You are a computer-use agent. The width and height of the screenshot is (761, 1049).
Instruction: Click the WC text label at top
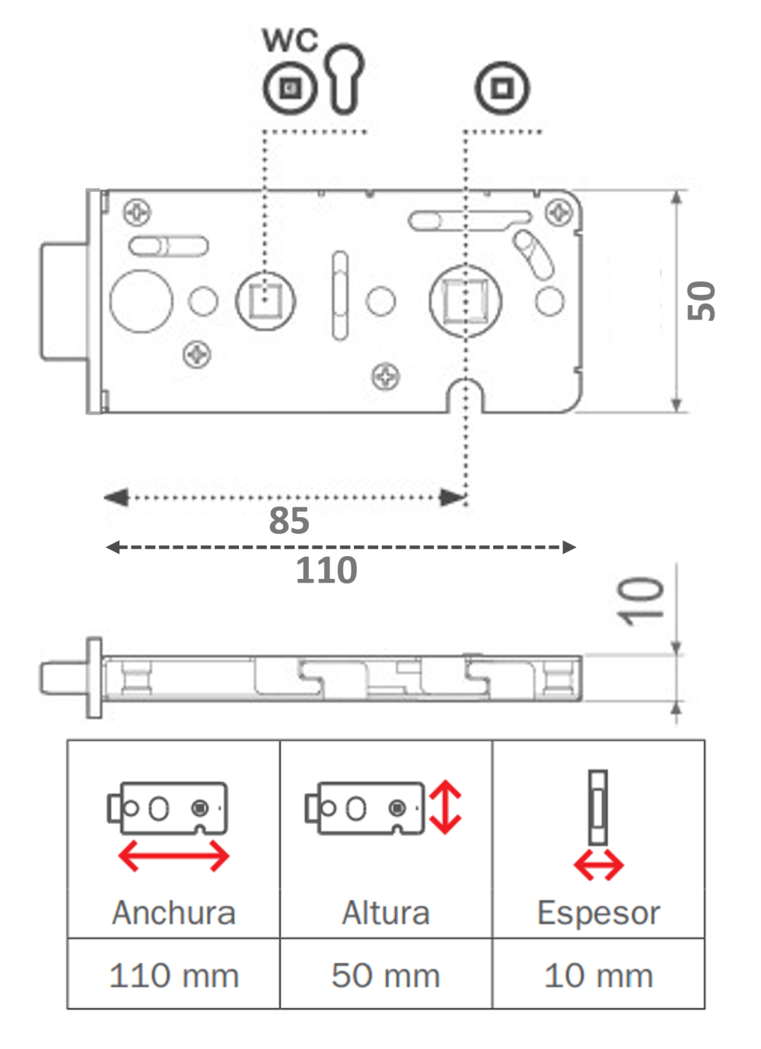click(x=290, y=40)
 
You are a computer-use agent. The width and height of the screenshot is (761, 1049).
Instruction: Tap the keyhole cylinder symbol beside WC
click(x=346, y=78)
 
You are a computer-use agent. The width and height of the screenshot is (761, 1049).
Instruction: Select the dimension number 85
click(x=289, y=522)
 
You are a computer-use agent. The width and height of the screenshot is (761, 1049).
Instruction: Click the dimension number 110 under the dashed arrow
click(x=326, y=571)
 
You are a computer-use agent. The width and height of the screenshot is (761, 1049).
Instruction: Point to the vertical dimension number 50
click(x=702, y=301)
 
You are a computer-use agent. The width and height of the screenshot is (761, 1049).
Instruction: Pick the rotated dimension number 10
click(x=641, y=601)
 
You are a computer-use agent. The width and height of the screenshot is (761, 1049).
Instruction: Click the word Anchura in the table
click(x=174, y=913)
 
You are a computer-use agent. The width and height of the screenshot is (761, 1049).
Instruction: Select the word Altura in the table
click(x=386, y=913)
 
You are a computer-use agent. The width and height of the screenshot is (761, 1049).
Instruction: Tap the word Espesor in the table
click(x=598, y=913)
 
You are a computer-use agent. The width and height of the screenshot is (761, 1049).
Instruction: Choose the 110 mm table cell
click(x=174, y=975)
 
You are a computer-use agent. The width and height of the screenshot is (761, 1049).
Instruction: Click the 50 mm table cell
click(x=386, y=975)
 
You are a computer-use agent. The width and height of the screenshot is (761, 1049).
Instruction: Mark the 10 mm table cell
click(x=598, y=975)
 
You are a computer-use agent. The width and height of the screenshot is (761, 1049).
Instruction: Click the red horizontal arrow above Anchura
click(x=174, y=857)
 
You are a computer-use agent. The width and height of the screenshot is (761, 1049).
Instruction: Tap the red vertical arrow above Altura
click(x=445, y=807)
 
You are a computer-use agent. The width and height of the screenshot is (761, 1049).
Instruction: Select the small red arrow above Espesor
click(x=598, y=865)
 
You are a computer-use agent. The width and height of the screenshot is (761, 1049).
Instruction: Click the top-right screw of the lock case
click(x=559, y=212)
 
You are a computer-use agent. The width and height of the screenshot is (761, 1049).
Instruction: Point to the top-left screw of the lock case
click(x=138, y=212)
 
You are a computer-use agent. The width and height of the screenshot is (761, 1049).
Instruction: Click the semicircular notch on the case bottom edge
click(x=465, y=396)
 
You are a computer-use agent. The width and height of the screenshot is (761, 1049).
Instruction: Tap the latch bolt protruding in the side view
click(x=62, y=677)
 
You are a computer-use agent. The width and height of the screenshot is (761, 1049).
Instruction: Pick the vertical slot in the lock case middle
click(x=340, y=295)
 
